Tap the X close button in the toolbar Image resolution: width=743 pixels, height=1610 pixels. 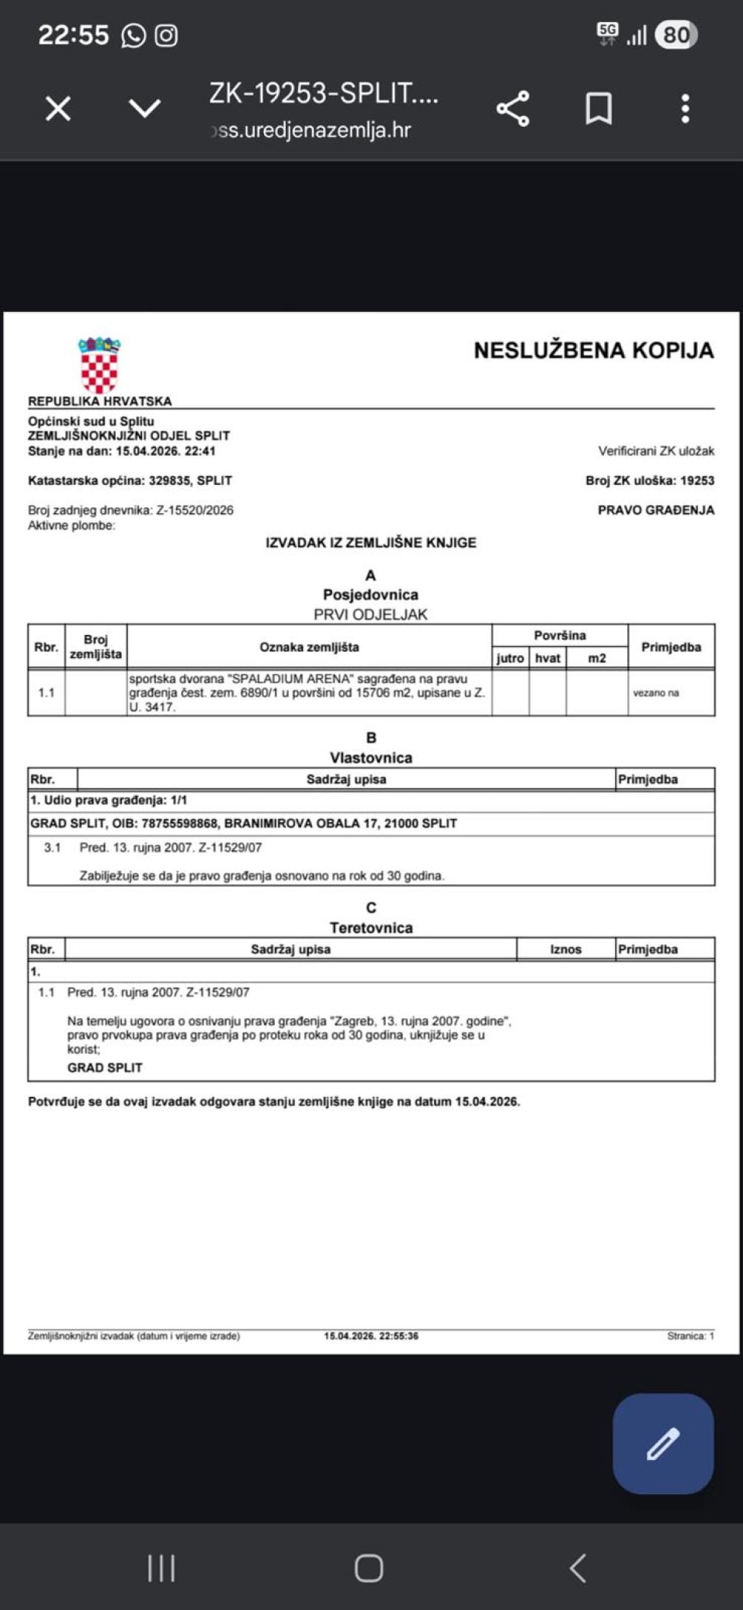tap(58, 109)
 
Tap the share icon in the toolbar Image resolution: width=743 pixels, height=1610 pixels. tap(513, 109)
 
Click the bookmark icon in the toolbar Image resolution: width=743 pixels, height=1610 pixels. tap(599, 109)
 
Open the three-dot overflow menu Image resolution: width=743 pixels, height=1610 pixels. tap(685, 109)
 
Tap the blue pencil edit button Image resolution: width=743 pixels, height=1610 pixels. tap(663, 1443)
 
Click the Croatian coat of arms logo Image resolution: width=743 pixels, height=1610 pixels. tap(100, 365)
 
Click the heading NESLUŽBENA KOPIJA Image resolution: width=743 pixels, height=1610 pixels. tap(593, 351)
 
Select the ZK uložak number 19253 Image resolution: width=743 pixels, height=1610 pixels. tap(697, 480)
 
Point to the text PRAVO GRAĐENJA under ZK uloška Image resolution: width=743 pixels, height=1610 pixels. tap(655, 510)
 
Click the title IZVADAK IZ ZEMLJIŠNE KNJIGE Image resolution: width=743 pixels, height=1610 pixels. tap(371, 543)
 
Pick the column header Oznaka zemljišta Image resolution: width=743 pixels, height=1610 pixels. tap(309, 647)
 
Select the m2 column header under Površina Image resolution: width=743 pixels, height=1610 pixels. tap(597, 658)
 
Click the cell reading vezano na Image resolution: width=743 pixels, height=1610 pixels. tap(655, 693)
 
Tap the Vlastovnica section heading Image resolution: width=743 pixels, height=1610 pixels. tap(371, 757)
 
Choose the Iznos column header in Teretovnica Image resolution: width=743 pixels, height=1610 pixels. tap(565, 949)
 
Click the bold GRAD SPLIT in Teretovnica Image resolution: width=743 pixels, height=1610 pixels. tap(105, 1067)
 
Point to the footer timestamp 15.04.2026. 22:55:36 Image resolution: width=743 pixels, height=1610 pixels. tap(371, 1335)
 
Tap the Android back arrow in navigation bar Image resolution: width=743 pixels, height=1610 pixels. tap(578, 1568)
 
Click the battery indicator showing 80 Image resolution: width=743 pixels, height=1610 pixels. tap(675, 35)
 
